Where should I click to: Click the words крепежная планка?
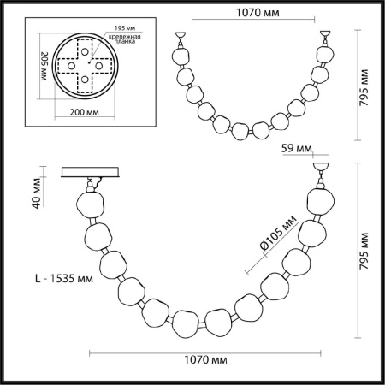124,42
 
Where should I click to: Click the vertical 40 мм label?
37,198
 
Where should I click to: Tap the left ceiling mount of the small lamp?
181,38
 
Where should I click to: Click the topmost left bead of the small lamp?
182,56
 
